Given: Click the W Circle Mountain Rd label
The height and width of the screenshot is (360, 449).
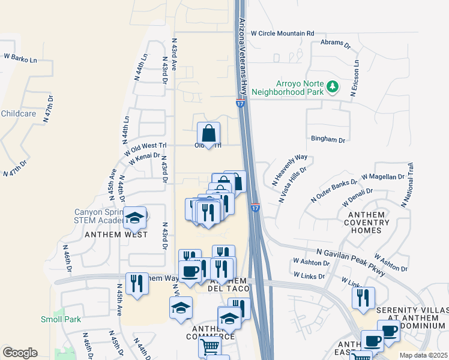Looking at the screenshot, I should (282, 34).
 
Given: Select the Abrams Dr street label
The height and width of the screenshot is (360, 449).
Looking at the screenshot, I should (336, 43).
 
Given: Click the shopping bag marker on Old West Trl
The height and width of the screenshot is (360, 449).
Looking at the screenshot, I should (208, 134).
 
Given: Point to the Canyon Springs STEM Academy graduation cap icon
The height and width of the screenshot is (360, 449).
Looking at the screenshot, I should (134, 218).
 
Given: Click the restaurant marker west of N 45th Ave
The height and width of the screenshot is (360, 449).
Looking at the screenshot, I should (137, 284).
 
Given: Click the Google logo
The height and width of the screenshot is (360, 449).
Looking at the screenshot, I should (20, 353).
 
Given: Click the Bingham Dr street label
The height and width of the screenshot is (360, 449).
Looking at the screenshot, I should (328, 140).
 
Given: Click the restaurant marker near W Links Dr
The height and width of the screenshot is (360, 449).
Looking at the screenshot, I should (363, 298).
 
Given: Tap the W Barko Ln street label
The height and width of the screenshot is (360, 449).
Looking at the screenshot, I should (20, 58).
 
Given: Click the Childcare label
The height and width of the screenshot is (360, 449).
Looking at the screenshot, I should (19, 113).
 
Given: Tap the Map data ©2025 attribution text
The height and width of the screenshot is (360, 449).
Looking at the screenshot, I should (424, 355).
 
